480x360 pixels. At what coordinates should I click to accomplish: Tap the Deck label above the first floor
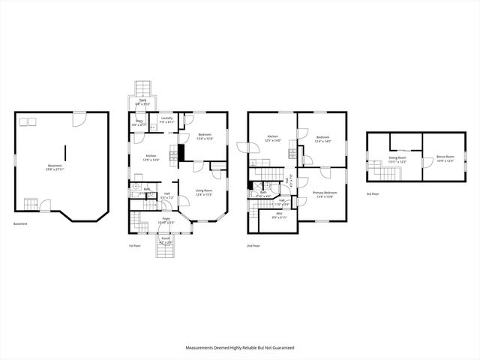pyautogui.click(x=142, y=101)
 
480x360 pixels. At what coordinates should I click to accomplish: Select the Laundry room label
pyautogui.click(x=166, y=121)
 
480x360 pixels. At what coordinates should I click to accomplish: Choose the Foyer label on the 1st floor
pyautogui.click(x=166, y=220)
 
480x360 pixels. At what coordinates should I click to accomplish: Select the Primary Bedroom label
pyautogui.click(x=325, y=194)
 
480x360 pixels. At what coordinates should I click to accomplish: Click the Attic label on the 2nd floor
pyautogui.click(x=278, y=216)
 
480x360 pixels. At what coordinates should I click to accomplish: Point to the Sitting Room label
pyautogui.click(x=397, y=159)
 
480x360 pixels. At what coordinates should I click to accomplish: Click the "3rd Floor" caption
pyautogui.click(x=373, y=194)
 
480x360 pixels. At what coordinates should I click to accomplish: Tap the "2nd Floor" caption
pyautogui.click(x=254, y=245)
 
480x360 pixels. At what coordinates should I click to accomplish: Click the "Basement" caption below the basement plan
pyautogui.click(x=22, y=224)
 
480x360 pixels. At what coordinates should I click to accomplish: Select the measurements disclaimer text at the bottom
pyautogui.click(x=240, y=348)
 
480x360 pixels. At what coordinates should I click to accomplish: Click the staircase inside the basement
pyautogui.click(x=31, y=203)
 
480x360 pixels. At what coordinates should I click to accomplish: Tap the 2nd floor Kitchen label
pyautogui.click(x=273, y=138)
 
